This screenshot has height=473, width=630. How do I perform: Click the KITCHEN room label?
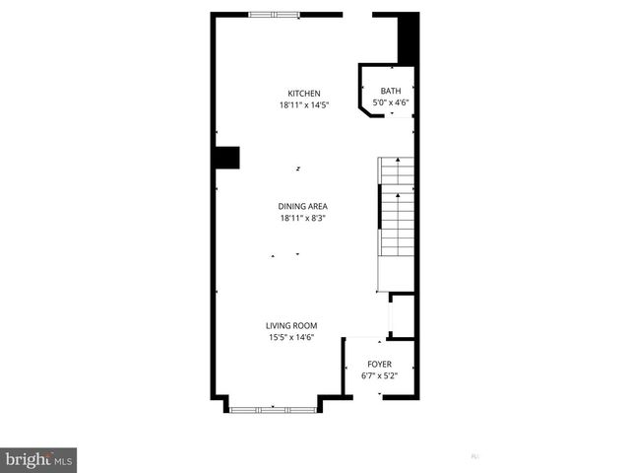click(303, 94)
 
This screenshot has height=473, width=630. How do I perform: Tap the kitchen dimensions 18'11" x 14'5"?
click(303, 104)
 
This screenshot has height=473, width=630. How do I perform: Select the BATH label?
click(391, 91)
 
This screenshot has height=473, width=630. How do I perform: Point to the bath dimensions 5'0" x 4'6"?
click(391, 101)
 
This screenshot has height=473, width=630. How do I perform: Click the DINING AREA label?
click(303, 206)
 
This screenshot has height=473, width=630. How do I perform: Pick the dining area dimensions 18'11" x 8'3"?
click(303, 218)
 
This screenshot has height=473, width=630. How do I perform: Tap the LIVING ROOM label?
click(291, 326)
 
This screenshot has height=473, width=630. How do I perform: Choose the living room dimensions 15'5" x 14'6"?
click(291, 338)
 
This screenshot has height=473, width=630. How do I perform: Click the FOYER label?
click(379, 364)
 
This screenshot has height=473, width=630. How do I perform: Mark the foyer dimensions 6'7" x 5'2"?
click(379, 375)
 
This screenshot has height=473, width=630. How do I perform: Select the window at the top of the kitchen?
click(275, 14)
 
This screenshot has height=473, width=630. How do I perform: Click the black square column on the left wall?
click(226, 159)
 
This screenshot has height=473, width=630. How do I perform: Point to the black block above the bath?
click(408, 40)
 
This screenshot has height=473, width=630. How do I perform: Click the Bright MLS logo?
click(38, 460)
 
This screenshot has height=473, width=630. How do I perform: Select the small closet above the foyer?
click(402, 315)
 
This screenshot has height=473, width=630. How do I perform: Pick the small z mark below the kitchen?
click(299, 169)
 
